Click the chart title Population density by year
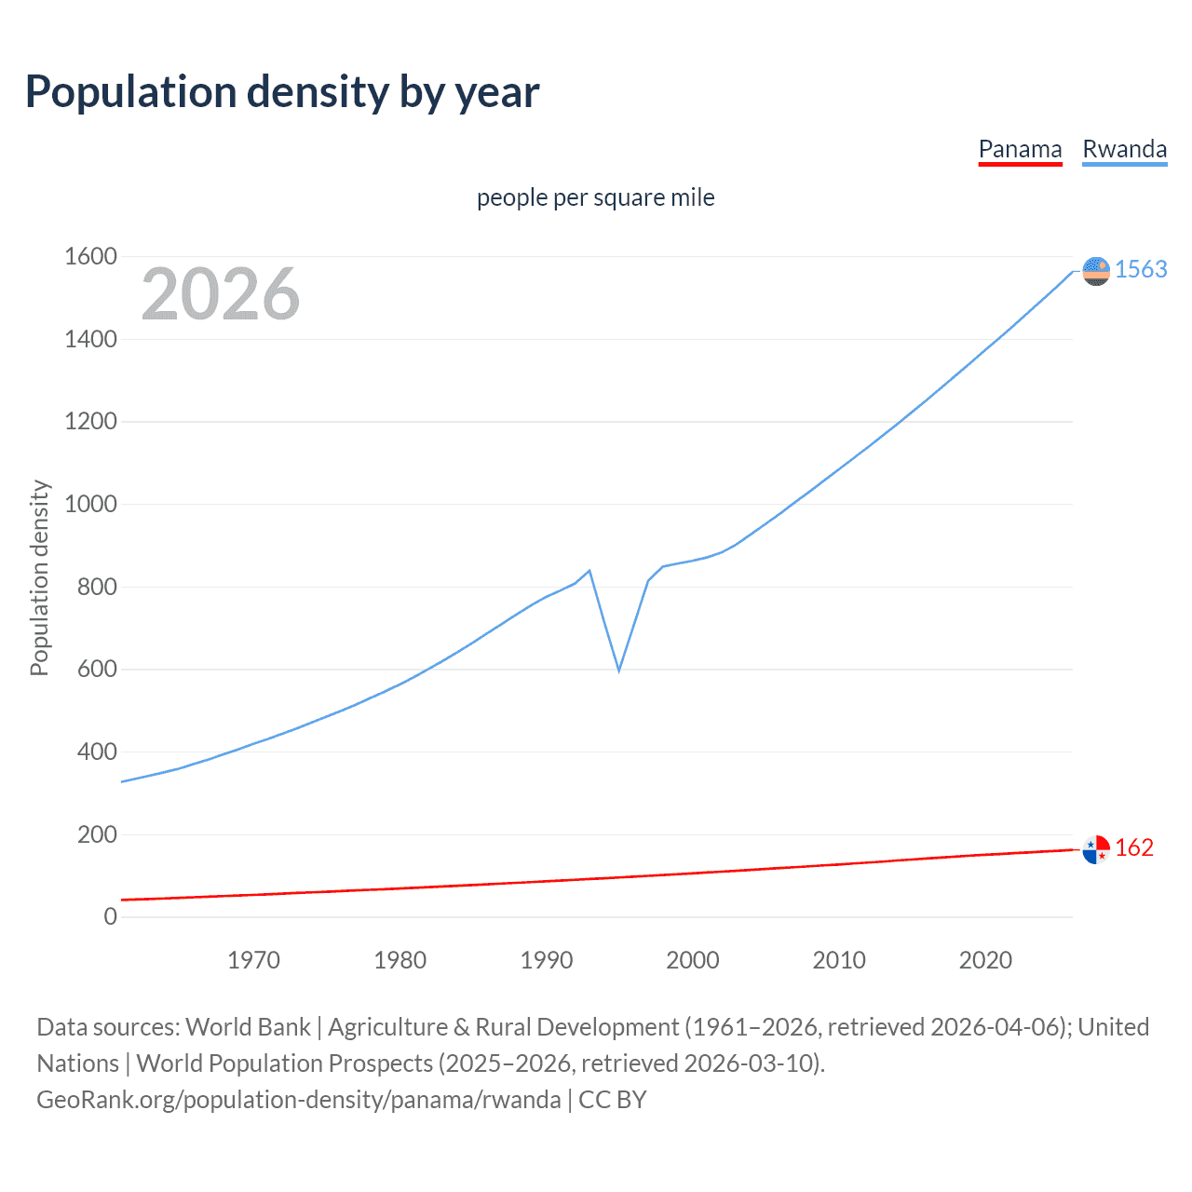(282, 92)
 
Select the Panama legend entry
(1020, 150)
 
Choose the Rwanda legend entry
(1124, 150)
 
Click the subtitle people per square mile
(595, 198)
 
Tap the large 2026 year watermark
(221, 294)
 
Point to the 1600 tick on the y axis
(90, 256)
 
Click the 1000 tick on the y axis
(90, 504)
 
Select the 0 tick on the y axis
(111, 916)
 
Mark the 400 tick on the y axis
(97, 752)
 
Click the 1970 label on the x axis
(253, 960)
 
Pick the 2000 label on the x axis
(693, 960)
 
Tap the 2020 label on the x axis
(985, 960)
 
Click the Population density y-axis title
(39, 577)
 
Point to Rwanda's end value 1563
(1141, 269)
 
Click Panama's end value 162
(1134, 847)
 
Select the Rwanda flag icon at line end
(1096, 271)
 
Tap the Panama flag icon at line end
(1096, 849)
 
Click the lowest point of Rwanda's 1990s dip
(619, 670)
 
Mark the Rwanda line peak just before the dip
(589, 570)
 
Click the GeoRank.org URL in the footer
(299, 1100)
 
